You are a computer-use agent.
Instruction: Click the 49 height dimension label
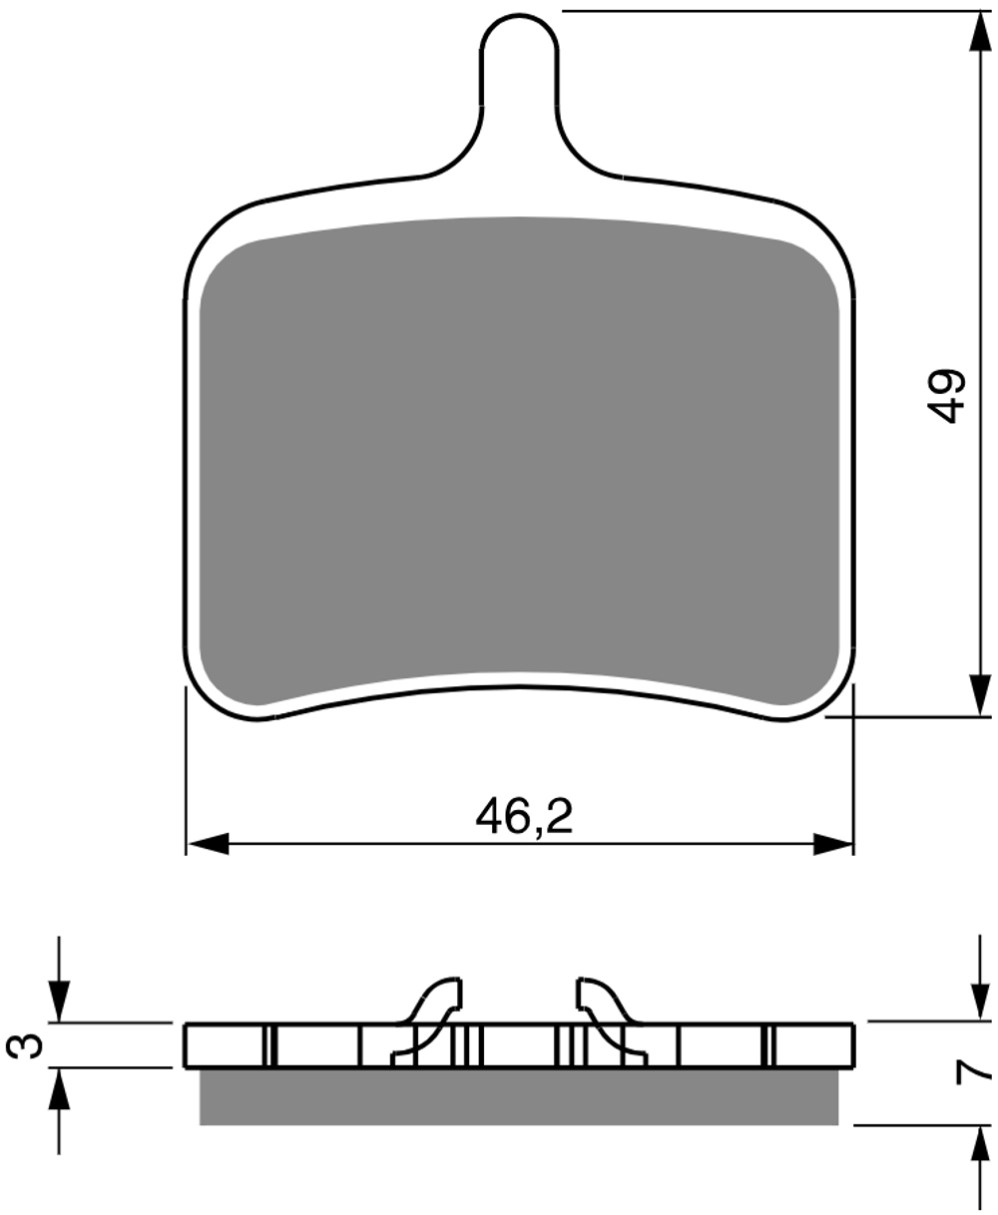pyautogui.click(x=946, y=396)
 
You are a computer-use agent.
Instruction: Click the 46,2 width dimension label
pyautogui.click(x=524, y=816)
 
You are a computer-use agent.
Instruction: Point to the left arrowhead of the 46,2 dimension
pyautogui.click(x=209, y=844)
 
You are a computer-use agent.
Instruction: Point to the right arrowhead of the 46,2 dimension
pyautogui.click(x=833, y=844)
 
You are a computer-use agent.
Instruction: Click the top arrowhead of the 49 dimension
pyautogui.click(x=980, y=32)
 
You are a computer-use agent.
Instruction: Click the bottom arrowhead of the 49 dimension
pyautogui.click(x=980, y=695)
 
